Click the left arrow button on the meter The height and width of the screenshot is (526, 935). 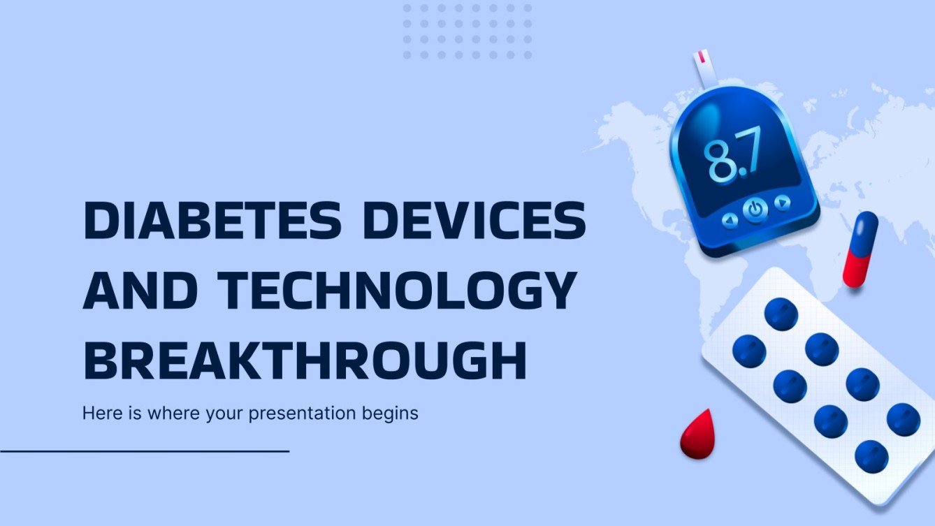click(x=730, y=220)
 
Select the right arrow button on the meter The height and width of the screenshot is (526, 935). click(x=783, y=203)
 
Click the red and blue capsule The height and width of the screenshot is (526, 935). click(x=860, y=249)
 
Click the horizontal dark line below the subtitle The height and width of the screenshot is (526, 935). click(x=145, y=451)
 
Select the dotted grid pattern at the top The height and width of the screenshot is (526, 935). click(x=467, y=31)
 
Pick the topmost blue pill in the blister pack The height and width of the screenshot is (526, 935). click(x=781, y=314)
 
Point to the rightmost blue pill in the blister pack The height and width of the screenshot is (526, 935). click(x=904, y=419)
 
